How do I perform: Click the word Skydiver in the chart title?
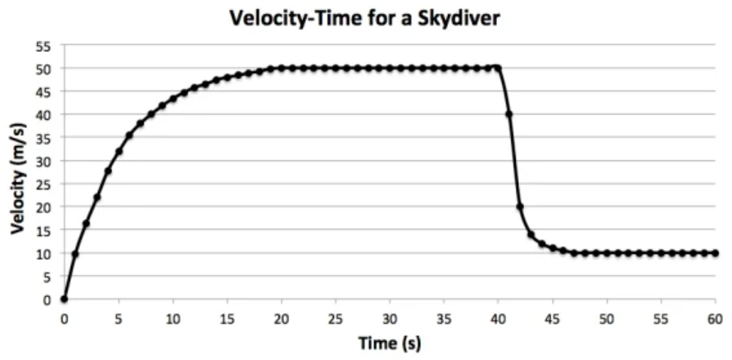click(460, 18)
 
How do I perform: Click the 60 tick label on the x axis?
click(715, 319)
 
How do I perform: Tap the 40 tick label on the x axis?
click(498, 319)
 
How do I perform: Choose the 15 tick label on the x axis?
click(227, 319)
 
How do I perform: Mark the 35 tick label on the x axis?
click(444, 319)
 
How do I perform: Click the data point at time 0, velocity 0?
click(64, 300)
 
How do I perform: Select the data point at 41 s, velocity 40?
click(509, 114)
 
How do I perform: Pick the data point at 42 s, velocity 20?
click(520, 207)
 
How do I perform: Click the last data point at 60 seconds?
click(715, 253)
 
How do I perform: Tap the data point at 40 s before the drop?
click(498, 68)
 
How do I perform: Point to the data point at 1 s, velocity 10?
click(75, 254)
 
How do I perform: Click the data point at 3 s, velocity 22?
click(97, 197)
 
